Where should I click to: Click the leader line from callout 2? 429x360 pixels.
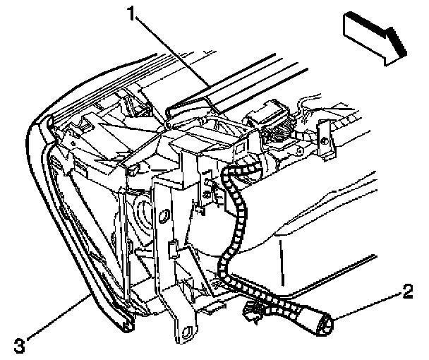[x=367, y=305]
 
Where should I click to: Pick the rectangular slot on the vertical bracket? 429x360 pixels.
[x=171, y=248]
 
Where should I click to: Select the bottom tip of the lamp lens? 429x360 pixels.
[x=128, y=325]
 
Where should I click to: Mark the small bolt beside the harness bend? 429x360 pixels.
[x=210, y=186]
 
